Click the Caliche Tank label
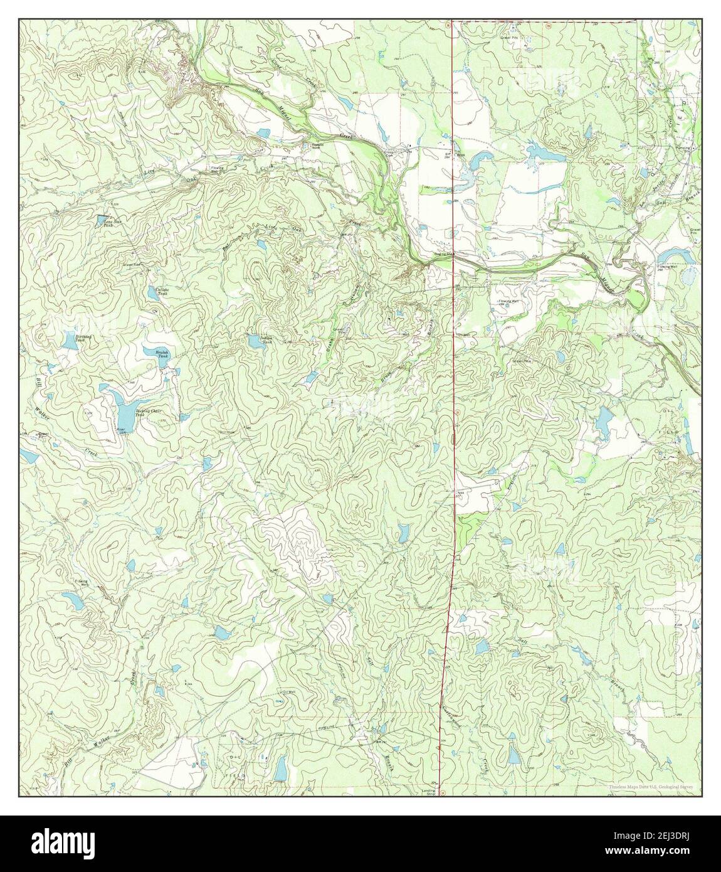coord(162,291)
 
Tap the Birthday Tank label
coord(84,338)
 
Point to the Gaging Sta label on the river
coord(444,254)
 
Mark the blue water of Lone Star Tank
coord(100,220)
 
